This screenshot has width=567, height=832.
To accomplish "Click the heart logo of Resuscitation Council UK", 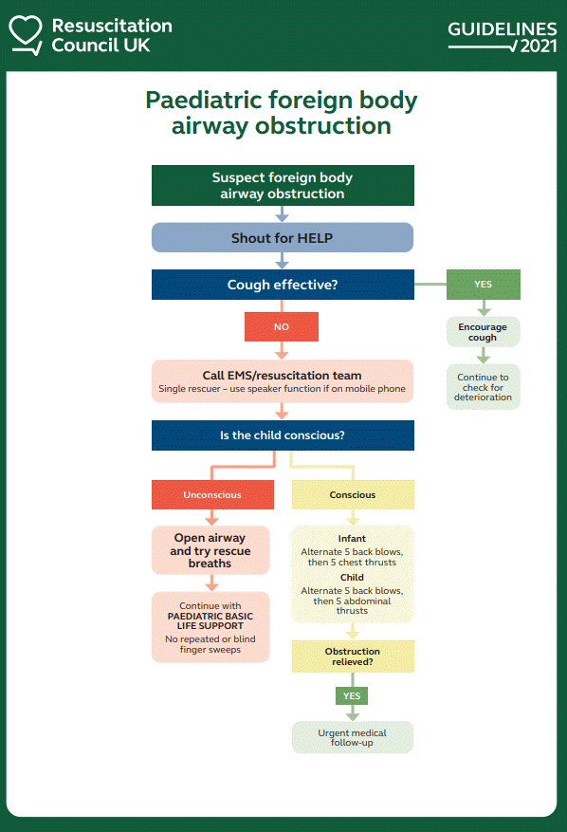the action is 26,34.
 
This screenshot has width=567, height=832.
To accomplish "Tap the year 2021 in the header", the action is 539,46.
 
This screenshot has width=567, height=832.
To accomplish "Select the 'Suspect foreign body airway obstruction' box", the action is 283,185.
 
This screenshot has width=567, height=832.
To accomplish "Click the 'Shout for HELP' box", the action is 283,237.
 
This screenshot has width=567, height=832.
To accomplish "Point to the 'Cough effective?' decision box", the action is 283,285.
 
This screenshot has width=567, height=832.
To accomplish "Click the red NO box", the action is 282,327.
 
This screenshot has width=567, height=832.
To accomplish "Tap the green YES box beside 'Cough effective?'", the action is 484,285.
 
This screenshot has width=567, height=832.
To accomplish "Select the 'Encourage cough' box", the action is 484,332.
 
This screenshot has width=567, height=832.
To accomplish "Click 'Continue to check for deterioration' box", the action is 484,387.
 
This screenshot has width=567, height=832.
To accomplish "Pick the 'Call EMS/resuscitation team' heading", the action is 282,375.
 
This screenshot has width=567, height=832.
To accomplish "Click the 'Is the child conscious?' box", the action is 283,435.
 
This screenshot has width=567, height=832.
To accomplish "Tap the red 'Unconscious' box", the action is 212,494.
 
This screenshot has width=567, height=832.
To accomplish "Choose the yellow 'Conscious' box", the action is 353,494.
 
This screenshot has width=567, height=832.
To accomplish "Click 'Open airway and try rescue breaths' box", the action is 210,550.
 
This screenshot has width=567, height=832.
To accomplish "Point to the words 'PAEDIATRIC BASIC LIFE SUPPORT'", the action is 210,620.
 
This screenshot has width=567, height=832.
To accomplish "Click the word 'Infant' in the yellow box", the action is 352,539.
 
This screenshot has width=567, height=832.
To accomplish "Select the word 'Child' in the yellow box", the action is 352,578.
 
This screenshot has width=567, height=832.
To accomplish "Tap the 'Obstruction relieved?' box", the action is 353,656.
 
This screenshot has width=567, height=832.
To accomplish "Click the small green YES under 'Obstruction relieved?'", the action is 352,695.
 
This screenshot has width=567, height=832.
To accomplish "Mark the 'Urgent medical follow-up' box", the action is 353,737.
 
